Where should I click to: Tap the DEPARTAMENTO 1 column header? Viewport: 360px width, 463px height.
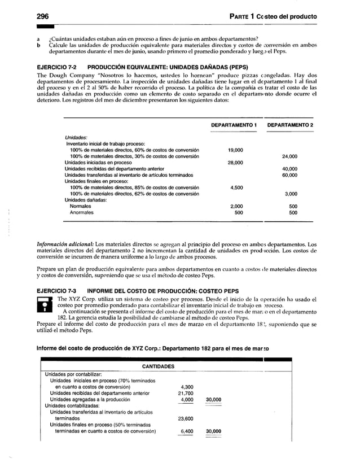[x=234, y=125]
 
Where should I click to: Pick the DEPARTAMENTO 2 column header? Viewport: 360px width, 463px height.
[x=291, y=125]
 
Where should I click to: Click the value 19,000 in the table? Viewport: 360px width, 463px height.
[x=235, y=150]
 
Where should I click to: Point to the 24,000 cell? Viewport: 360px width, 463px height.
[x=290, y=156]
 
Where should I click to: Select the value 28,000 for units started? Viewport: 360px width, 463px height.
[x=235, y=163]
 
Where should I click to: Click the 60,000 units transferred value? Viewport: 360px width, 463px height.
[x=290, y=175]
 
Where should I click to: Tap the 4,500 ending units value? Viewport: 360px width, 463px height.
[x=237, y=188]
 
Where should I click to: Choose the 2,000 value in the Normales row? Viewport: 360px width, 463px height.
[x=237, y=207]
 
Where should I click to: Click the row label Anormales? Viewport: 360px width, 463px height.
[x=82, y=213]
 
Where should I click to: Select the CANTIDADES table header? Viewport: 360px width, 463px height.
[x=158, y=366]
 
